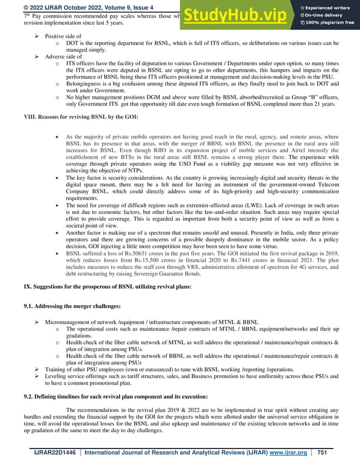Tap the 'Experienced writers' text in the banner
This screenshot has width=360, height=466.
click(328, 7)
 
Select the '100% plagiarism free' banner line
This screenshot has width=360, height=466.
click(328, 23)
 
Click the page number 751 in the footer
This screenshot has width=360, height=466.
click(323, 452)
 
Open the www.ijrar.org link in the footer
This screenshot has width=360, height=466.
click(289, 452)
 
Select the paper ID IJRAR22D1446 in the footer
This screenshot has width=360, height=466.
click(55, 452)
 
